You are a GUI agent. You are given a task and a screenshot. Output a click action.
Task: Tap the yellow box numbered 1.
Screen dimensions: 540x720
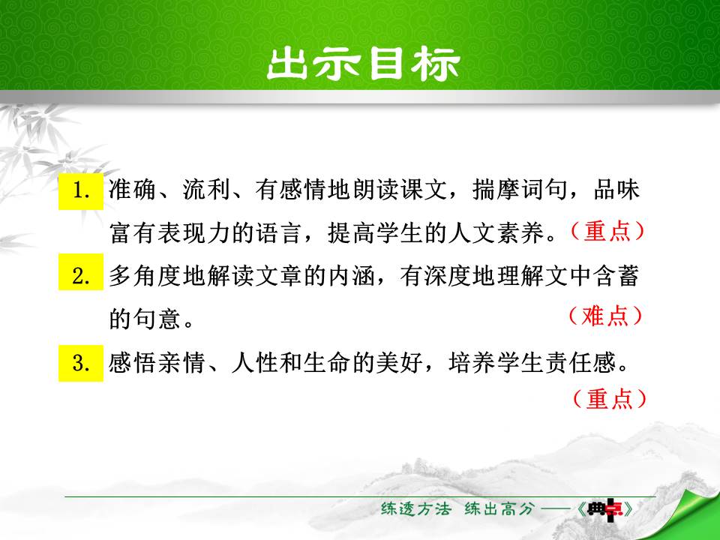(x=81, y=190)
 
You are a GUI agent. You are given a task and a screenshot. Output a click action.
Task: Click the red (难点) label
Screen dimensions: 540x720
(x=606, y=316)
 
